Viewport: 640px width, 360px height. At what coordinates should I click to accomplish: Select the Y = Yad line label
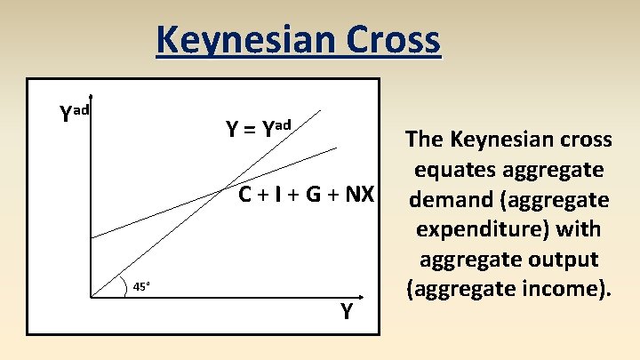(x=257, y=129)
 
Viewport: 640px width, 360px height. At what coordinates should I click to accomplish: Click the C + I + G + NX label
(x=305, y=194)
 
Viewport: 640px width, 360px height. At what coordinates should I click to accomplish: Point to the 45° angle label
(x=141, y=286)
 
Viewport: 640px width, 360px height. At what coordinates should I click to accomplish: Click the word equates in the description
(x=461, y=169)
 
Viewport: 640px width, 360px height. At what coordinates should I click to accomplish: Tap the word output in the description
(x=569, y=259)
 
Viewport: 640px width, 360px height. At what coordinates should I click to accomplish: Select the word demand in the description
(x=447, y=199)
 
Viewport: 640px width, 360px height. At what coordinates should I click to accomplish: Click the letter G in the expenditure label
(x=314, y=194)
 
